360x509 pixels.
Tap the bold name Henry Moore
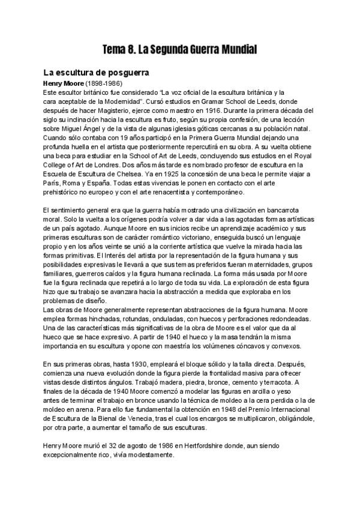point(64,83)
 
